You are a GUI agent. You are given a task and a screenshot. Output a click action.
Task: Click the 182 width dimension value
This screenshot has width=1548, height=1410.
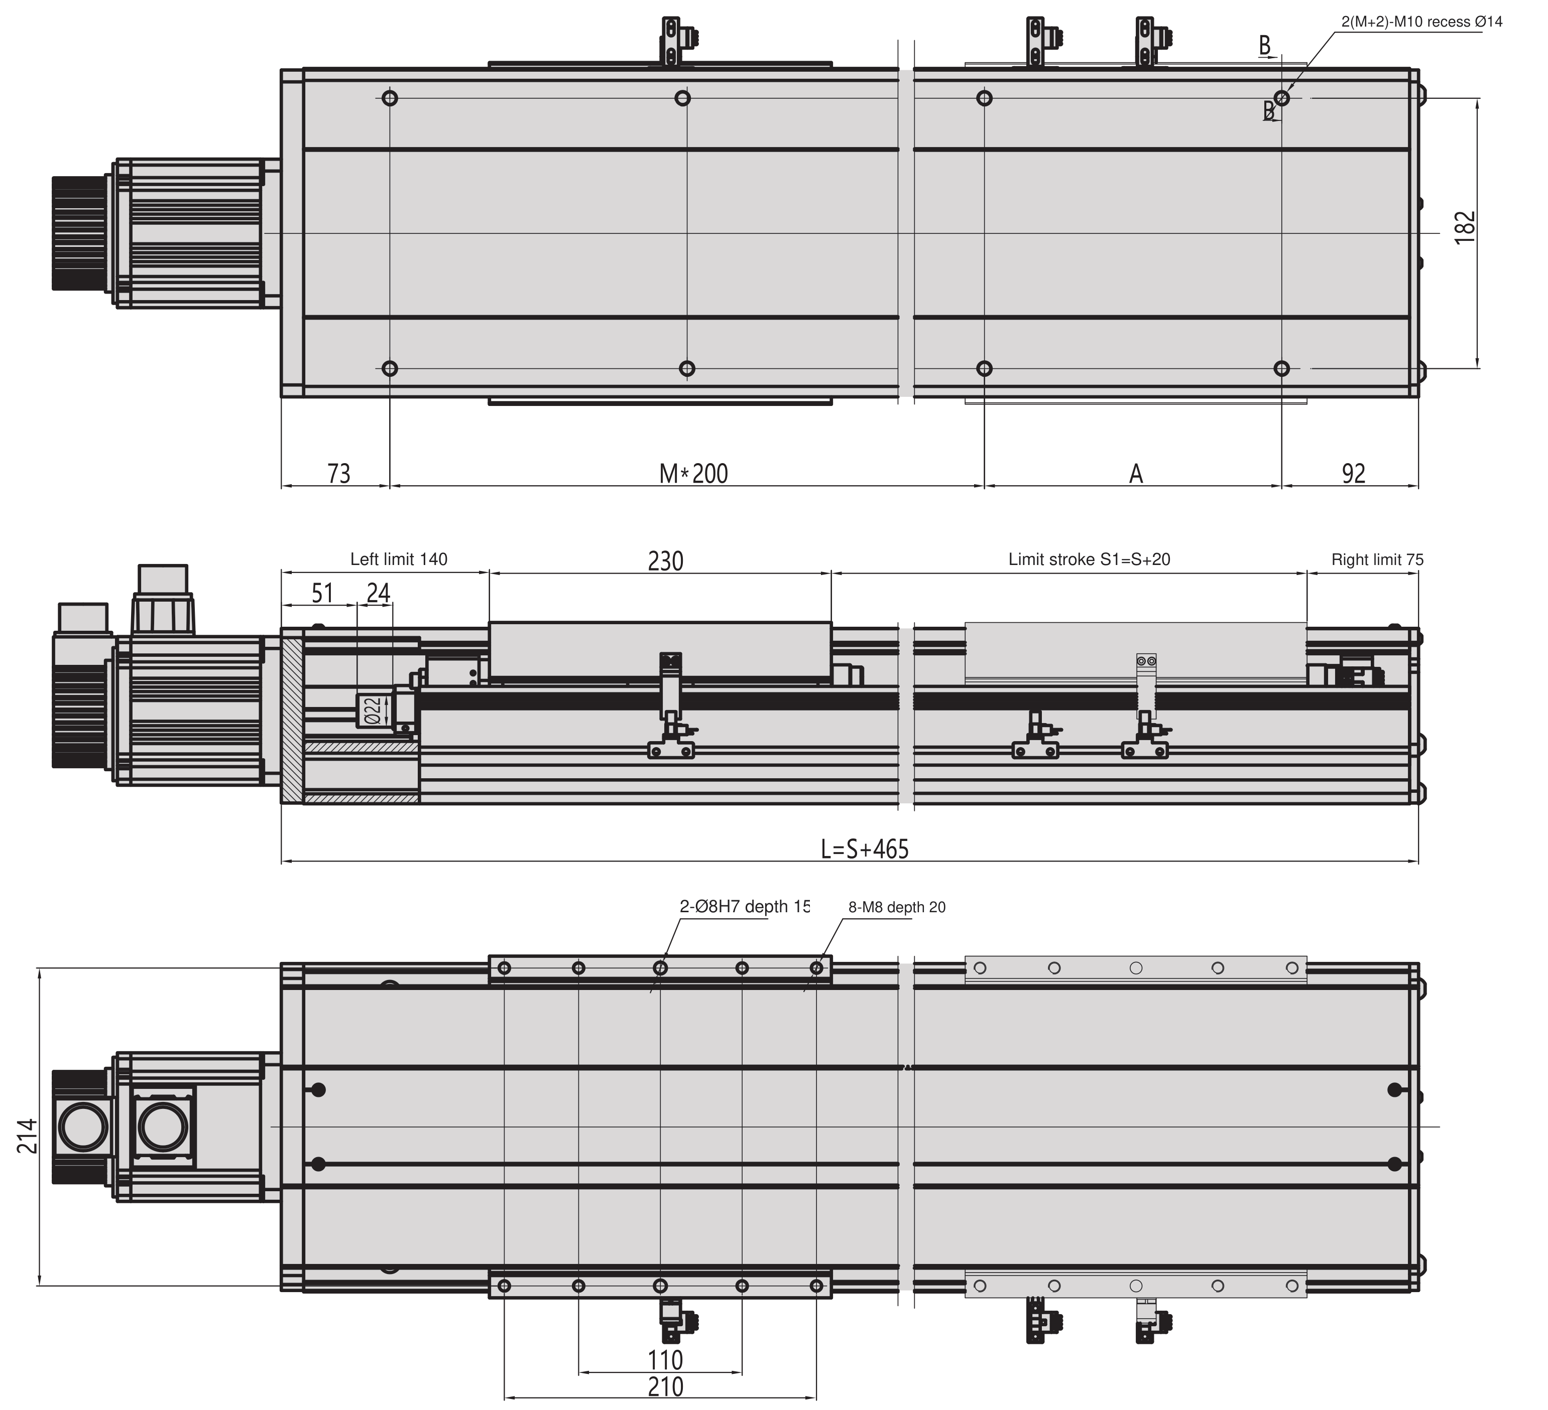pyautogui.click(x=1466, y=227)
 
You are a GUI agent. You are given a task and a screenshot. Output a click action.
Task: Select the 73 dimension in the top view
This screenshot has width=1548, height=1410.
pyautogui.click(x=338, y=474)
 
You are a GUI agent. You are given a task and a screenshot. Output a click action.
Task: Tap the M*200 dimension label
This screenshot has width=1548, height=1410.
pyautogui.click(x=693, y=474)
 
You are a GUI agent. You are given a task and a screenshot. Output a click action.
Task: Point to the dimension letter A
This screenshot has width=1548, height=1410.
pyautogui.click(x=1136, y=474)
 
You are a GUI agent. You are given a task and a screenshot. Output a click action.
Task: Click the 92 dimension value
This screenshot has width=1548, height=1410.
pyautogui.click(x=1354, y=474)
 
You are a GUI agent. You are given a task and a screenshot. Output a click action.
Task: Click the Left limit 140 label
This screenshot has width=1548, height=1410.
pyautogui.click(x=399, y=559)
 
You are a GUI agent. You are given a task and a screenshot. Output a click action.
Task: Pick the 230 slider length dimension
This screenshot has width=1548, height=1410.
pyautogui.click(x=665, y=561)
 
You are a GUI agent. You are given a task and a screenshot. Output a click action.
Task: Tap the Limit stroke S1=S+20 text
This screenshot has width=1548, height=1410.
pyautogui.click(x=1089, y=559)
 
